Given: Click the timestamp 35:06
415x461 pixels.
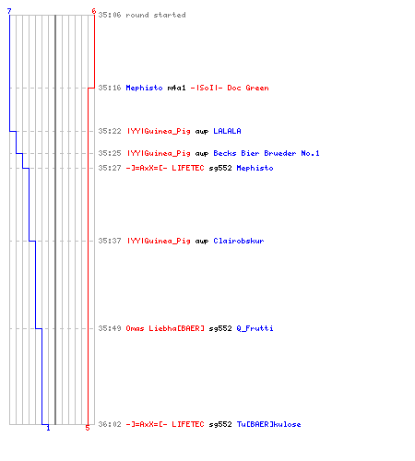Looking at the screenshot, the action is [110, 15].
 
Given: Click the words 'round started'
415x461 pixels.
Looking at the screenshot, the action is [156, 15].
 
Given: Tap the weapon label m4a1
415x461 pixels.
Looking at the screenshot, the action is [177, 88].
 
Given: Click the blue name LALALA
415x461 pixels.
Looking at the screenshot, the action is [227, 131].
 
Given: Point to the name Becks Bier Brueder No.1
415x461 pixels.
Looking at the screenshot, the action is [267, 153].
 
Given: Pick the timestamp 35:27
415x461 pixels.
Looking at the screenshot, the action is [110, 168].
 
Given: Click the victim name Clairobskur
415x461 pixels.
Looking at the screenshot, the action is [239, 241].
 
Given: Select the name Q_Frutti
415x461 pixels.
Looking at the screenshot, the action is [255, 328].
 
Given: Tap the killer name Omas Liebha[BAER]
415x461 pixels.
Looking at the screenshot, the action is [165, 328].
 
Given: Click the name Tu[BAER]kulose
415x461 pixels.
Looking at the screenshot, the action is [268, 424].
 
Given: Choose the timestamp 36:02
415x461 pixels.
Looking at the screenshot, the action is [110, 424].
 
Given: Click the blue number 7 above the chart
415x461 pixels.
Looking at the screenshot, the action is [9, 11].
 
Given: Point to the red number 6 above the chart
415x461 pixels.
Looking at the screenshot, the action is [94, 11].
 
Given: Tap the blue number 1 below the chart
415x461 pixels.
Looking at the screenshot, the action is [48, 428].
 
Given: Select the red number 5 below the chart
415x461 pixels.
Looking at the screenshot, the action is [88, 428].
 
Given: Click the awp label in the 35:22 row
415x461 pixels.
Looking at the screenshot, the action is [202, 132].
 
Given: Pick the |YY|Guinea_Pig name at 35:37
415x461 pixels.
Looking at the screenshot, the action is [159, 241].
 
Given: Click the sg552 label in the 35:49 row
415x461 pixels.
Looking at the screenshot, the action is [220, 328].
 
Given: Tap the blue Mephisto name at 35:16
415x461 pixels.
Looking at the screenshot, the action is [144, 88].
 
